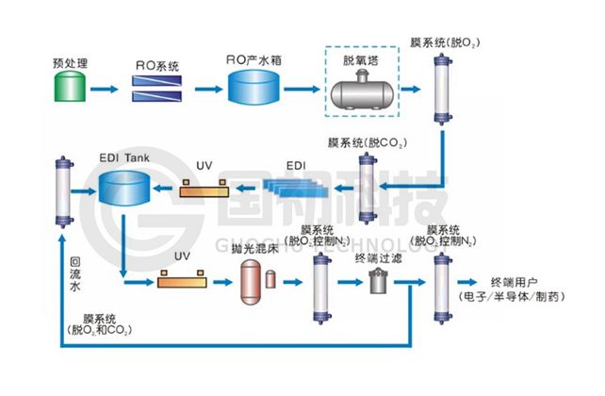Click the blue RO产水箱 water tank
click(254, 89)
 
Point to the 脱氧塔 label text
click(361, 59)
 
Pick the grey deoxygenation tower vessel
click(361, 91)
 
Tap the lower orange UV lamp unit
click(184, 280)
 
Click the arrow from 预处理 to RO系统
click(106, 90)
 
